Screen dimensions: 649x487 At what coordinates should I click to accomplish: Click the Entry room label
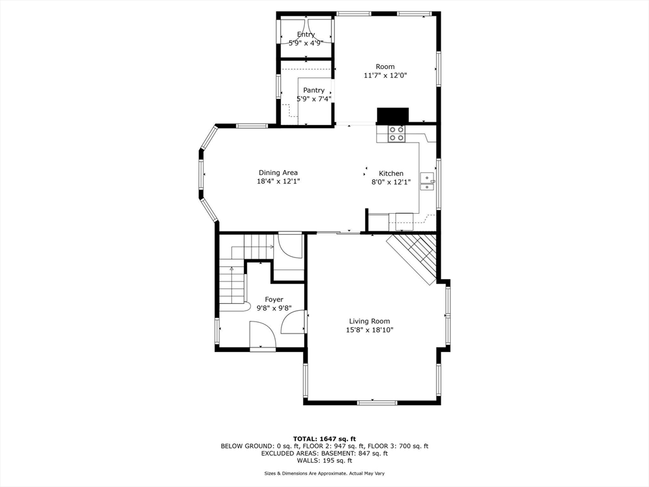[306, 34]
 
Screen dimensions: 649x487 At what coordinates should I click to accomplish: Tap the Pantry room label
[314, 90]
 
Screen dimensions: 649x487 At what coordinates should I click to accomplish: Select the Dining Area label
[278, 172]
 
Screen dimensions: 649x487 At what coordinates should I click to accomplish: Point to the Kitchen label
[391, 174]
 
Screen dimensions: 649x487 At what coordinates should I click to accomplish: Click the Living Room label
[369, 321]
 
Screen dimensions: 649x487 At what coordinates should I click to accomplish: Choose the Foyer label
[274, 299]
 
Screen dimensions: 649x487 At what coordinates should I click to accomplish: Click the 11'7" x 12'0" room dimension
[385, 75]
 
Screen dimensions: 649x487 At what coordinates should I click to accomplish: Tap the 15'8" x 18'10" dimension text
[369, 330]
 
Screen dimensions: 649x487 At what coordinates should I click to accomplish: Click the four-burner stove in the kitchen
[396, 133]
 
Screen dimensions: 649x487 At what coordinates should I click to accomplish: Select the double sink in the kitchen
[427, 181]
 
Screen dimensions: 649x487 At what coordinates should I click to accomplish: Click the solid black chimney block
[392, 115]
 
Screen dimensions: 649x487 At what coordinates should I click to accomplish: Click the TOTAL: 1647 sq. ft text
[324, 439]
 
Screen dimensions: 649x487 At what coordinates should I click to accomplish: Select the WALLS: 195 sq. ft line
[324, 460]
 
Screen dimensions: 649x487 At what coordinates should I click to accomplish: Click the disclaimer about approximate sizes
[324, 473]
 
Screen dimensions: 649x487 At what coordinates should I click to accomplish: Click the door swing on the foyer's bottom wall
[263, 335]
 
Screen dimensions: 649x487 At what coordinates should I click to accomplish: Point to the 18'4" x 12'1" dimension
[278, 181]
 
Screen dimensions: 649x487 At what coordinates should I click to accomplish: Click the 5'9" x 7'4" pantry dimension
[314, 99]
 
